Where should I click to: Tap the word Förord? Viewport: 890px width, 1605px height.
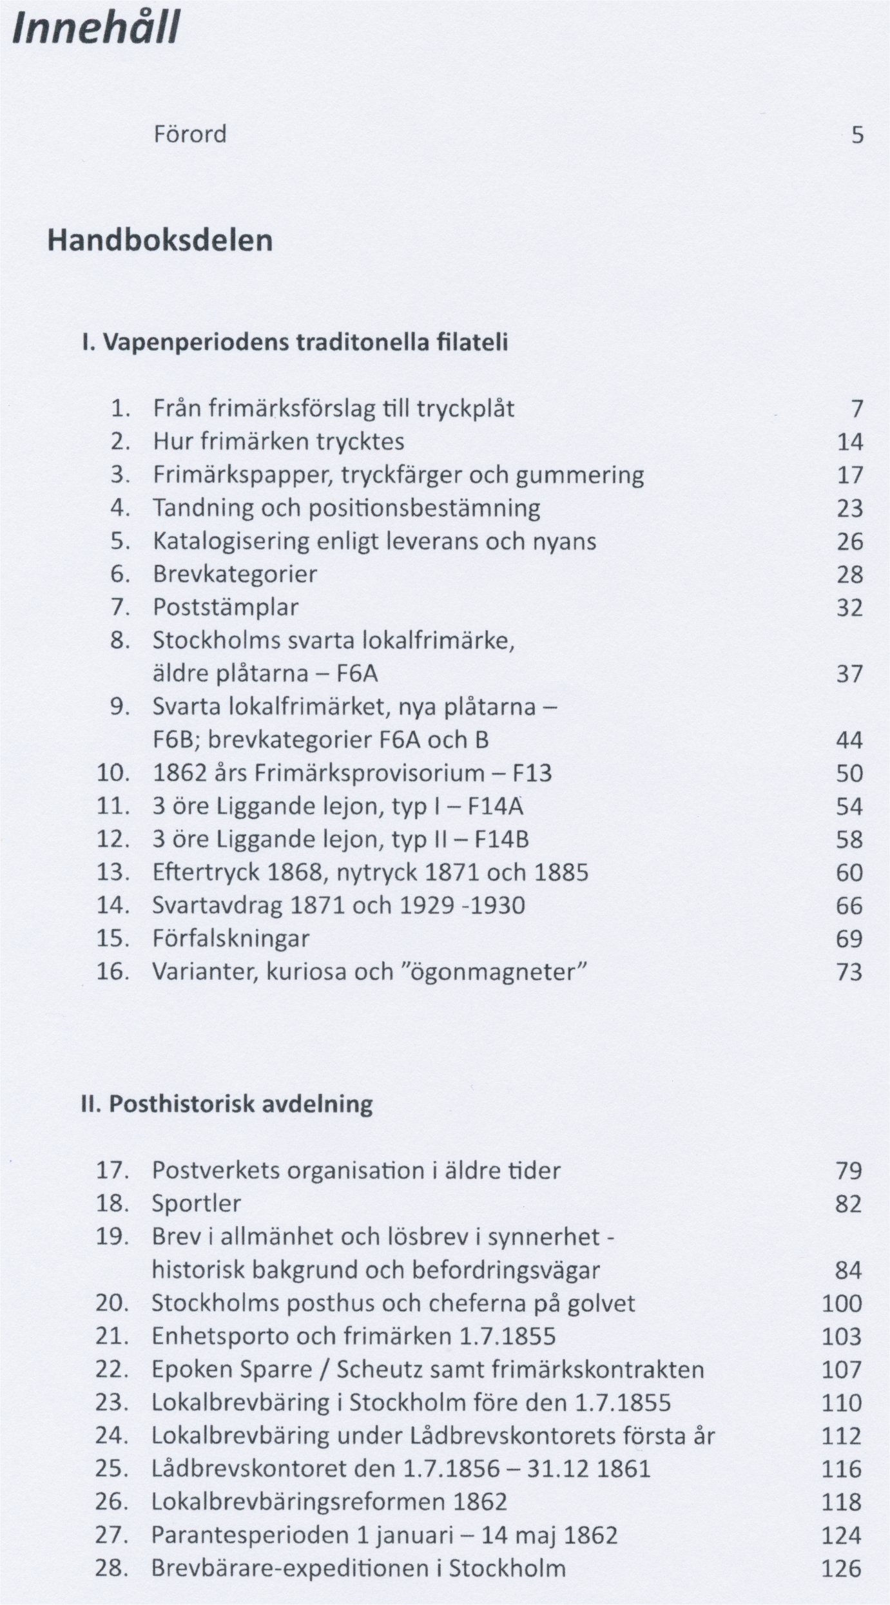(x=190, y=135)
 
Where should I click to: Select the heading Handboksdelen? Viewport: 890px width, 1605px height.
(x=160, y=242)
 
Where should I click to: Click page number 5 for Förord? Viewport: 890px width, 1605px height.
(x=856, y=136)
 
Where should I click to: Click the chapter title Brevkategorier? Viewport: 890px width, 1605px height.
(x=235, y=574)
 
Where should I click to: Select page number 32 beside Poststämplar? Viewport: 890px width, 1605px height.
(x=849, y=608)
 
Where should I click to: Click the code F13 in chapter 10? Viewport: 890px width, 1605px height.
(x=532, y=773)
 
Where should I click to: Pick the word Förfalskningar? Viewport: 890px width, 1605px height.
(x=231, y=939)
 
